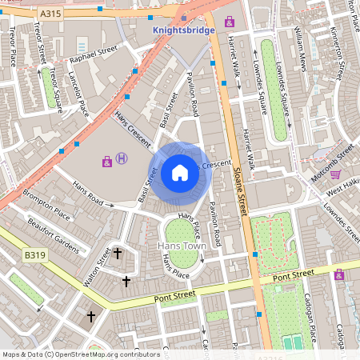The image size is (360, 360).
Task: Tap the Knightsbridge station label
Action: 185,30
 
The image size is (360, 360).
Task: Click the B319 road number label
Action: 34,255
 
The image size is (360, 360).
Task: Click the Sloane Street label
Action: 239,185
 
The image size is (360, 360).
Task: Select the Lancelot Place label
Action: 78,94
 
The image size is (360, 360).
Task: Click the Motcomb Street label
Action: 332,158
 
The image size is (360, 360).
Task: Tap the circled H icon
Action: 122,159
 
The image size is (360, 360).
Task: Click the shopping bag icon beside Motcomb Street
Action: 335,174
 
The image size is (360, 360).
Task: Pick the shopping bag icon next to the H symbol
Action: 106,162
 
